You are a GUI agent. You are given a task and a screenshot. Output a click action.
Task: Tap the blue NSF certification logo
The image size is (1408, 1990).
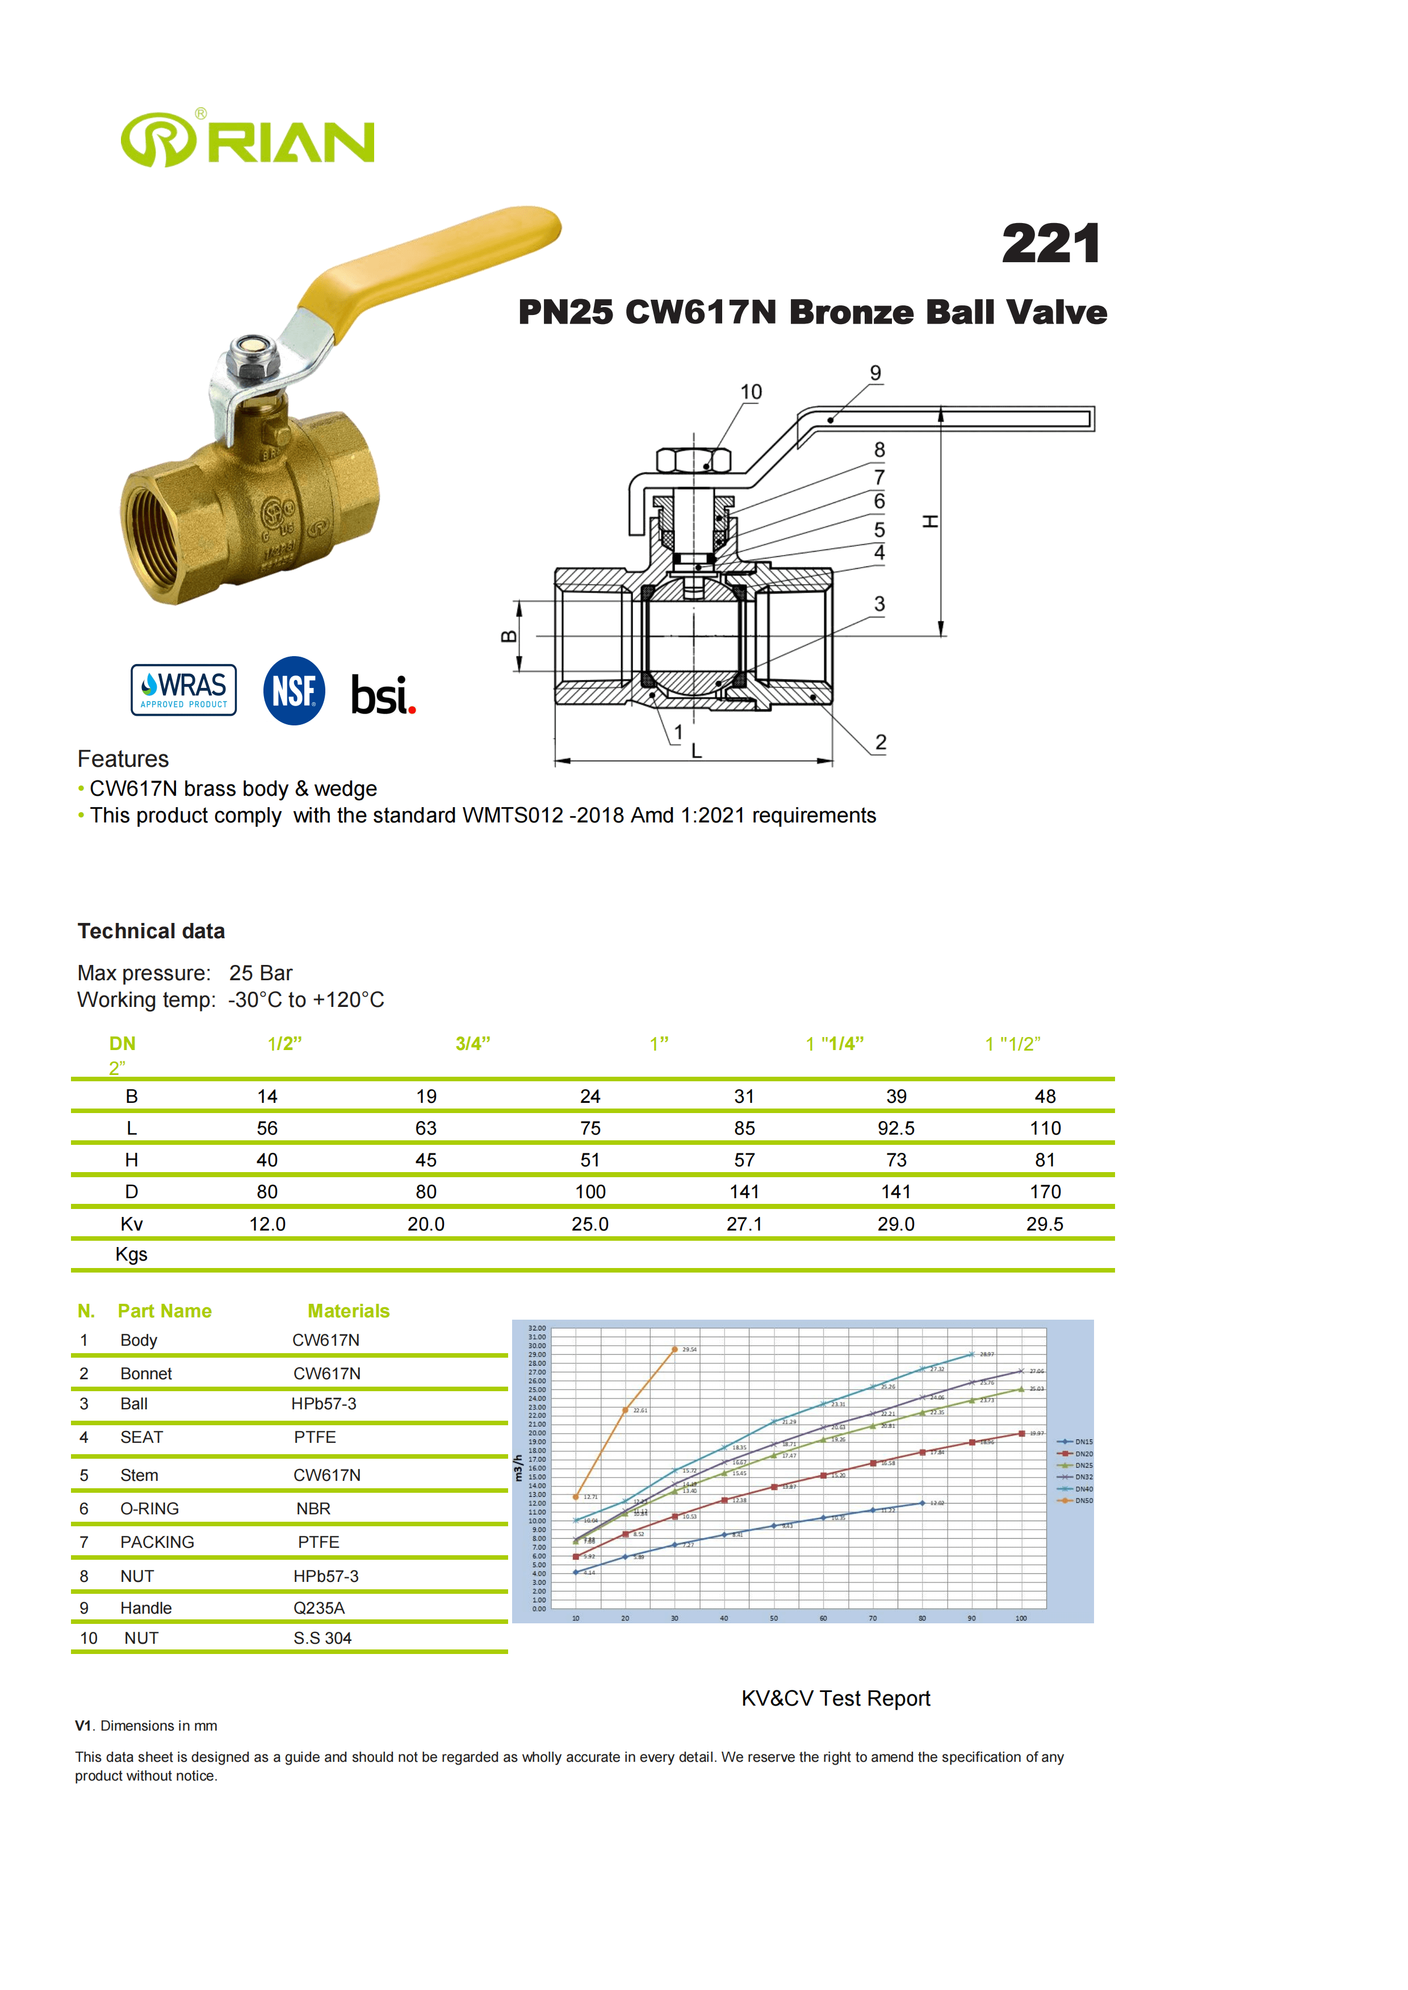(294, 691)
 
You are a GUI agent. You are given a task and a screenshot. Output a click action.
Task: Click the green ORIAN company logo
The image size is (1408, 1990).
(247, 140)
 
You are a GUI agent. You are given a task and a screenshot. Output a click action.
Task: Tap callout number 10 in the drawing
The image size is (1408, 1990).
(751, 393)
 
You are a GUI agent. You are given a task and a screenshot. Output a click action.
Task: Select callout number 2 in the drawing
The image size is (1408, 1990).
(880, 743)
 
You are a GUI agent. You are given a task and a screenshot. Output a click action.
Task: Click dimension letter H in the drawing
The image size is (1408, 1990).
(931, 522)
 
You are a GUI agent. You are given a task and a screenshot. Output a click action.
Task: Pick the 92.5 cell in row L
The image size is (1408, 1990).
(895, 1128)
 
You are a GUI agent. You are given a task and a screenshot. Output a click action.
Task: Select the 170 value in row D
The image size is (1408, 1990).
(1045, 1192)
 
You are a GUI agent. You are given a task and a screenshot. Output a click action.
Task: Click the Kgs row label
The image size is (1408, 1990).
(131, 1254)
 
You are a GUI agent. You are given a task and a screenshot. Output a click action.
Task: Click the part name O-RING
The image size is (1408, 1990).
(150, 1509)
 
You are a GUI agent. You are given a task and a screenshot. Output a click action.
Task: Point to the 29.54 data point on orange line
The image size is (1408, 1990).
(674, 1350)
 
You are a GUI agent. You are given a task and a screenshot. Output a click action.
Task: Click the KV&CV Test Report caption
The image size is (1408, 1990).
(835, 1699)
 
